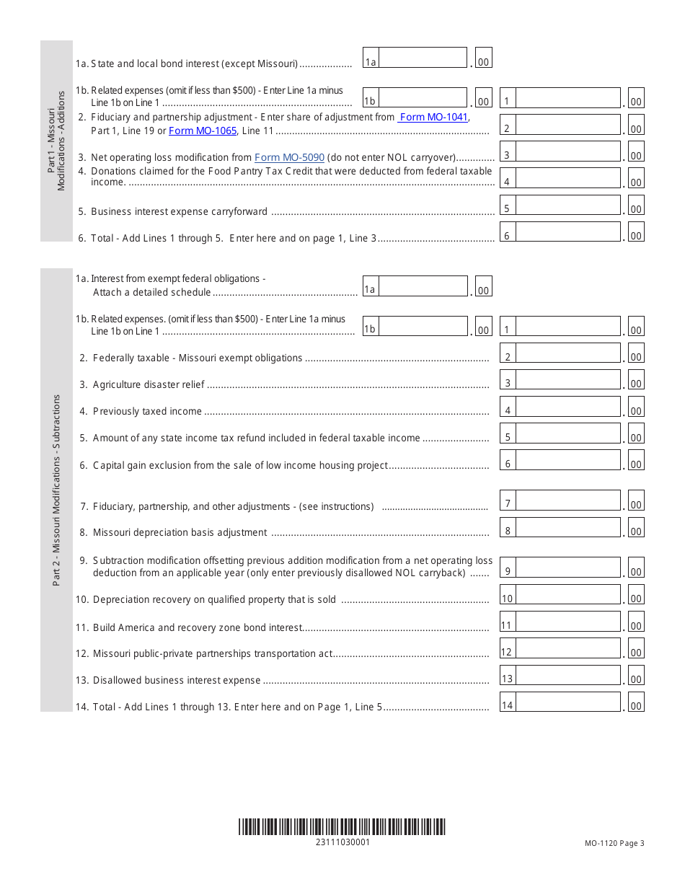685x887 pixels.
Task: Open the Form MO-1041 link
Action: click(x=433, y=117)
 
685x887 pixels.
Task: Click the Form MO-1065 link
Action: click(x=203, y=131)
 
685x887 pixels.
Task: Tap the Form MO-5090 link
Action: click(x=289, y=157)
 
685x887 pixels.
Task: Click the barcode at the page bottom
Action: click(x=342, y=826)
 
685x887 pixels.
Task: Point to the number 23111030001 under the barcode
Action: click(x=342, y=842)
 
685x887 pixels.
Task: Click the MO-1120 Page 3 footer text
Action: click(x=614, y=843)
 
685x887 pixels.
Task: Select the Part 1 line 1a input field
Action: click(x=423, y=58)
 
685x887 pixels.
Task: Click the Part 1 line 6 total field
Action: click(x=568, y=232)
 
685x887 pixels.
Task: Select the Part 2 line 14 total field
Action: click(x=568, y=702)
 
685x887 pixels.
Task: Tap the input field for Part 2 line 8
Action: click(x=568, y=528)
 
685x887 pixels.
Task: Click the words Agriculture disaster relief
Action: click(x=149, y=384)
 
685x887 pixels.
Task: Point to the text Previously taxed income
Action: click(x=147, y=411)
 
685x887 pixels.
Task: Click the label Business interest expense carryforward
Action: click(x=179, y=212)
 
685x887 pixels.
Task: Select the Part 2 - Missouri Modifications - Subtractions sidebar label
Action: click(x=57, y=490)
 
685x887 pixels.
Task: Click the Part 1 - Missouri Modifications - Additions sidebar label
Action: click(x=56, y=141)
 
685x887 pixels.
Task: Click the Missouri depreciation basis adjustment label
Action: click(x=180, y=532)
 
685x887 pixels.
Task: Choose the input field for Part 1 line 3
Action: click(x=568, y=151)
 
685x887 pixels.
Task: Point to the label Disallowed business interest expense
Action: click(x=177, y=680)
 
